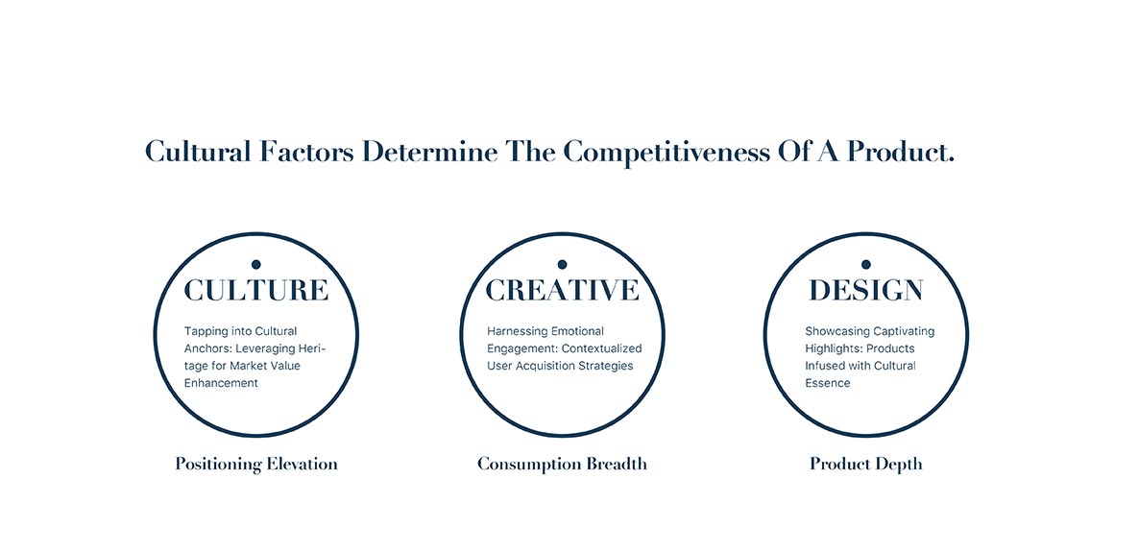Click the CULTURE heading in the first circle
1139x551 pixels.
click(255, 290)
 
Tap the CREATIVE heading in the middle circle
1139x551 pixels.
click(562, 290)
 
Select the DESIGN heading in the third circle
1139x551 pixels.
click(866, 291)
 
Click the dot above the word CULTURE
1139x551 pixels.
click(255, 264)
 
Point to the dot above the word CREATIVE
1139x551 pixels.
click(562, 264)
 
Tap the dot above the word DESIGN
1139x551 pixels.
click(866, 264)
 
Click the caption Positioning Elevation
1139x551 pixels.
click(256, 464)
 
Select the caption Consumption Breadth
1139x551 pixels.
click(562, 464)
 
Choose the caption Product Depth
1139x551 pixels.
click(866, 464)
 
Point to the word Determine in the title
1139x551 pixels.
click(430, 153)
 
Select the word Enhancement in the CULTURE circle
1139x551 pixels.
click(221, 383)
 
